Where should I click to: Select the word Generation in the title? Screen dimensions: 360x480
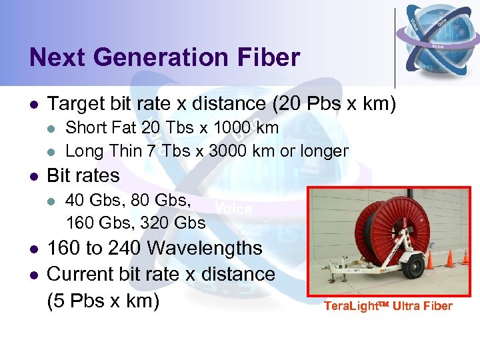(x=159, y=57)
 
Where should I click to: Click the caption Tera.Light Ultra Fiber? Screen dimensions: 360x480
(x=388, y=306)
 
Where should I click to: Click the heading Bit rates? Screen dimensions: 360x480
(x=83, y=175)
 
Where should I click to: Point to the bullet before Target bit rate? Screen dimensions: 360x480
(x=33, y=104)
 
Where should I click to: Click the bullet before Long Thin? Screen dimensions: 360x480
(x=53, y=151)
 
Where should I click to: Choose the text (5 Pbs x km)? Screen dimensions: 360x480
(x=103, y=301)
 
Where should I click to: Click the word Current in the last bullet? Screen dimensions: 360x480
(x=82, y=274)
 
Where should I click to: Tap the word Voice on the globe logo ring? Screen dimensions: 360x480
(x=438, y=46)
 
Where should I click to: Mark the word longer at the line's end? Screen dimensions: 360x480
(x=323, y=151)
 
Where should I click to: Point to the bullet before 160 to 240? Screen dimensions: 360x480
(x=33, y=249)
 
